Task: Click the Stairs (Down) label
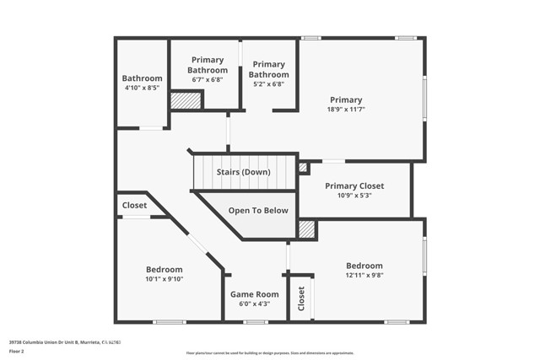pos(243,172)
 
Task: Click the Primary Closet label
pos(354,186)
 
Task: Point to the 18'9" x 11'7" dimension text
pos(346,110)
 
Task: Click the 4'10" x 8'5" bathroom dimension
pos(142,88)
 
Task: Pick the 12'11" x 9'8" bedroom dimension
pos(364,276)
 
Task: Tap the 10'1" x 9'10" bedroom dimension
pos(164,279)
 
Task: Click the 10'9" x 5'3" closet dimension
pos(354,196)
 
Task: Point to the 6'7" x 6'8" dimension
pos(208,79)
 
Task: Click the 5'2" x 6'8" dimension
pos(268,83)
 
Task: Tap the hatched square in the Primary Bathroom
pos(186,100)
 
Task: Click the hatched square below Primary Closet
pos(307,228)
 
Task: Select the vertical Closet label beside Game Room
pos(301,298)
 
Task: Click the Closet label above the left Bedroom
pos(134,205)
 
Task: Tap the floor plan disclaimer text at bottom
pos(270,353)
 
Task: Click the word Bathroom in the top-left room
pos(142,78)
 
